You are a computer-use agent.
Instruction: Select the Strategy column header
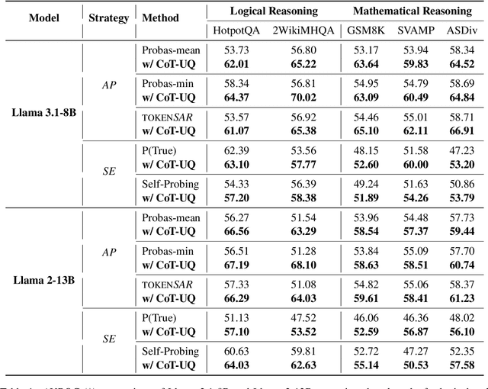point(110,16)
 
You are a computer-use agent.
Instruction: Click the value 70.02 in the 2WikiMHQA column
point(293,97)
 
